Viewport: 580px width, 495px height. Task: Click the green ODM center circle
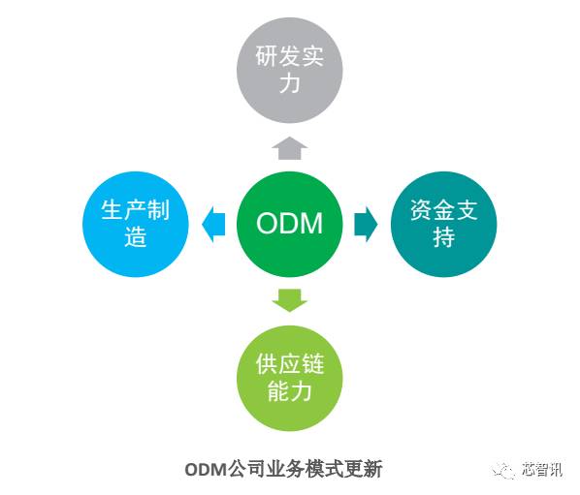point(289,225)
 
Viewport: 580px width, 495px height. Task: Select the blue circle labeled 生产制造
point(135,224)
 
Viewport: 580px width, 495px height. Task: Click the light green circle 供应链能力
point(289,379)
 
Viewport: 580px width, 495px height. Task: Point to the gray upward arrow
point(289,147)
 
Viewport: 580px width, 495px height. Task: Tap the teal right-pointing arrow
point(366,224)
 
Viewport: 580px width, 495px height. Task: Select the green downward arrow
point(289,299)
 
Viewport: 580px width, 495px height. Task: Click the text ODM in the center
point(289,225)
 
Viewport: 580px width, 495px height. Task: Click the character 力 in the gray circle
point(289,84)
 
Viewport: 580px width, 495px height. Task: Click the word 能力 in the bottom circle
point(289,391)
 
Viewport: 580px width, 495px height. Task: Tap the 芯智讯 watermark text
point(540,470)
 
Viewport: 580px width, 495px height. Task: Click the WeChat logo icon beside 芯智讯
point(505,470)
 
